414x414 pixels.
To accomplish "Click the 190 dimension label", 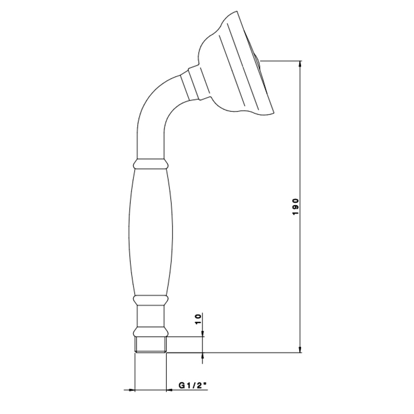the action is tap(296, 206).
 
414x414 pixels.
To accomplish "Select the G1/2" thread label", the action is tap(192, 386).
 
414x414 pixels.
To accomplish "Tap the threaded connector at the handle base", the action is tap(151, 345).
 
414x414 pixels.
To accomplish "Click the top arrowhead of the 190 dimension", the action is tap(300, 64).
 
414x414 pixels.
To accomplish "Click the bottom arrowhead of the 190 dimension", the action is tap(300, 348).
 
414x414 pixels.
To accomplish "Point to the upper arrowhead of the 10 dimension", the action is tap(202, 333).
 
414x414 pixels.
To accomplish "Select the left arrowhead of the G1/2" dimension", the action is tap(131, 389).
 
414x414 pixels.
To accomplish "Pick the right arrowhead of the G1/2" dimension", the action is tap(170, 389).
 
